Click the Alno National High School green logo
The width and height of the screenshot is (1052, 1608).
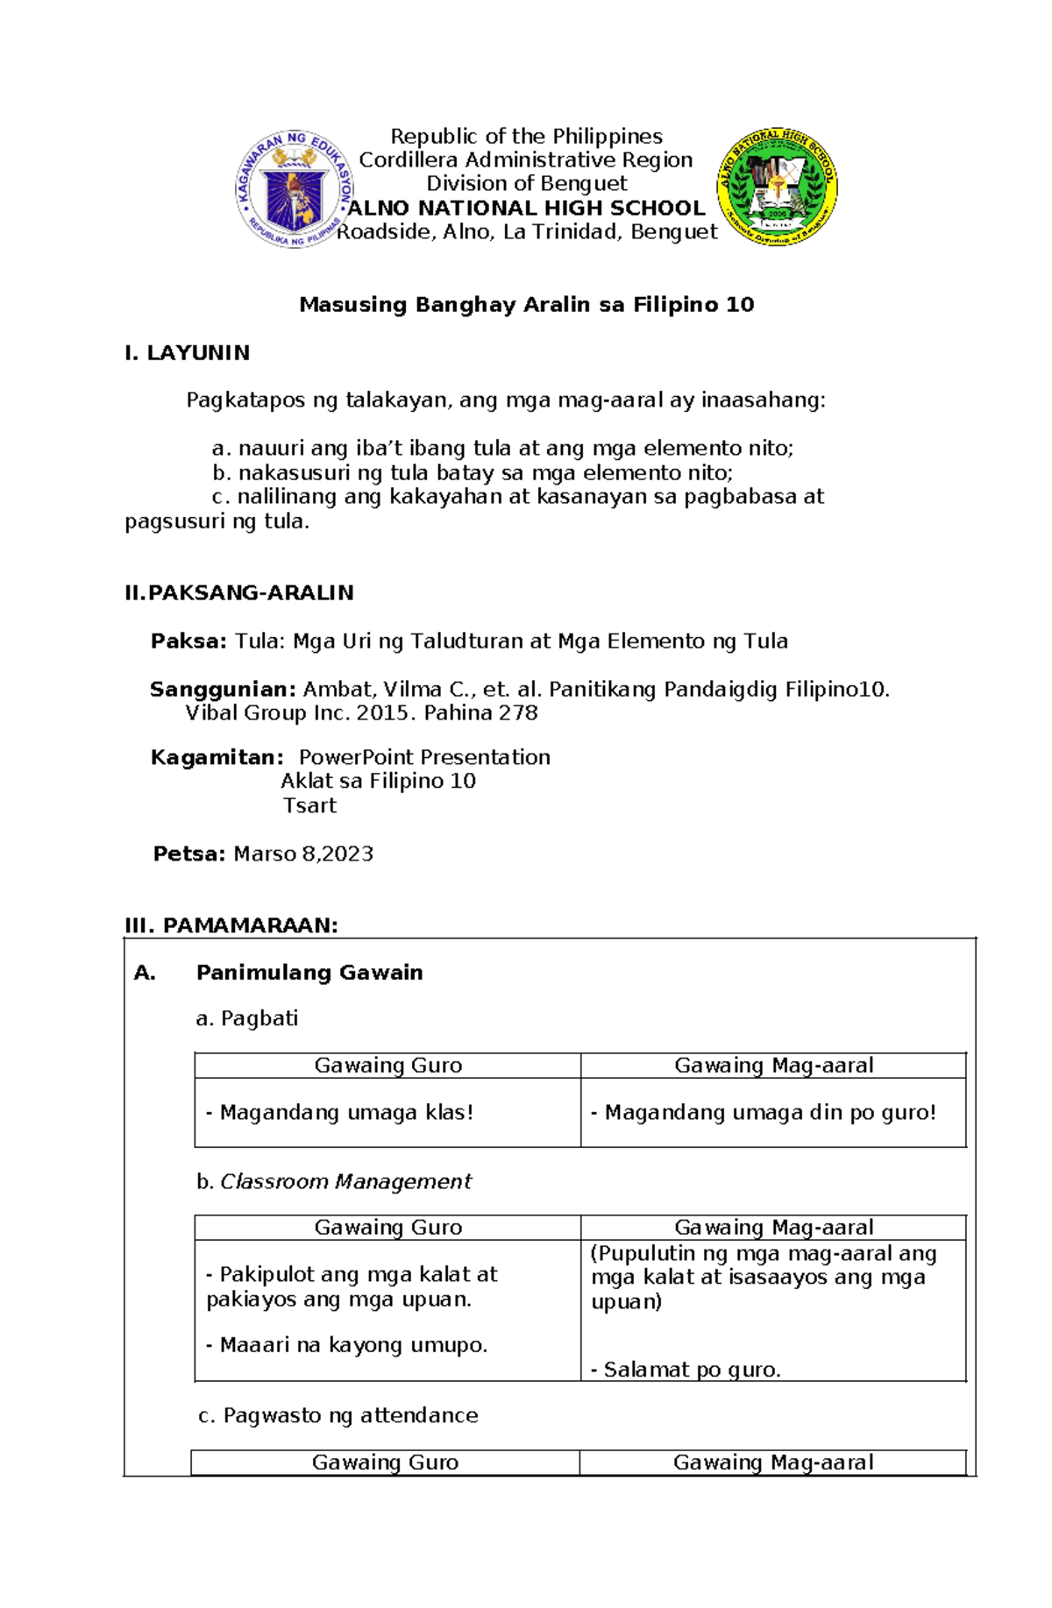point(777,187)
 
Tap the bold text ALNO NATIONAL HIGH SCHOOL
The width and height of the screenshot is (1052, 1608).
point(526,209)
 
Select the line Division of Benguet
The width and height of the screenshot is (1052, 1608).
point(526,184)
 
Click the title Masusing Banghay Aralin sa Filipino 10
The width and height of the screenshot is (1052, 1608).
point(526,305)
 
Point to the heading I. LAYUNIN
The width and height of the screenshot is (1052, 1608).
point(187,353)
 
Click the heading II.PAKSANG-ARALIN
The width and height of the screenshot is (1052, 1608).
point(238,593)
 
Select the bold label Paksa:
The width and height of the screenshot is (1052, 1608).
point(188,641)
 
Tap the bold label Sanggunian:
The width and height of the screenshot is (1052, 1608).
point(223,690)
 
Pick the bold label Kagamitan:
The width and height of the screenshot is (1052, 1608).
point(217,758)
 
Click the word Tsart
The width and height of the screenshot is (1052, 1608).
point(309,806)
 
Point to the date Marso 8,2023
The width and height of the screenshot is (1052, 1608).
point(303,854)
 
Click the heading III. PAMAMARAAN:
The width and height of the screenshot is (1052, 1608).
point(231,926)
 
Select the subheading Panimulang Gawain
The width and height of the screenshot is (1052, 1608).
point(309,973)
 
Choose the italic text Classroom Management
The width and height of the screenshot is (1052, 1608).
point(345,1182)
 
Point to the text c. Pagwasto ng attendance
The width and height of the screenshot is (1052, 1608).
point(338,1415)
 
